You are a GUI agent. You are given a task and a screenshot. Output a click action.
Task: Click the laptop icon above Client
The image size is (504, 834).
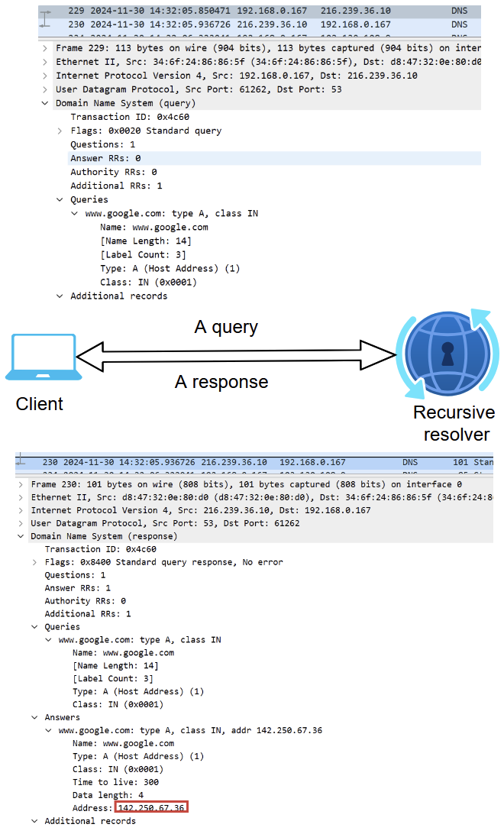pos(44,357)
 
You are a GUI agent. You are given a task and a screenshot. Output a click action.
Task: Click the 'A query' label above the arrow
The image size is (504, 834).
pos(226,328)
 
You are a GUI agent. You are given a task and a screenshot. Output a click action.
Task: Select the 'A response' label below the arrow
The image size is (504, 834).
pos(221,382)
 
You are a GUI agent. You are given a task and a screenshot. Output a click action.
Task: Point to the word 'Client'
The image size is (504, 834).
pos(40,404)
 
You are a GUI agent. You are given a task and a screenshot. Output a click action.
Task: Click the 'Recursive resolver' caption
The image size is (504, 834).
pos(454,424)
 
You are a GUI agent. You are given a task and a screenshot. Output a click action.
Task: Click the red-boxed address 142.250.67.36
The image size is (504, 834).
pos(151,807)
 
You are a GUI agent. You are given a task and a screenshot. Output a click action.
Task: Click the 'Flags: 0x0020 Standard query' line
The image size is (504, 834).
pos(145,131)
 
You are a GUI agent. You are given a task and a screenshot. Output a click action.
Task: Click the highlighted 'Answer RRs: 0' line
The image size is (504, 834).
pos(105,158)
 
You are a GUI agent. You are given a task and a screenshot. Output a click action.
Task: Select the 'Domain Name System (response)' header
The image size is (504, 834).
pos(104,536)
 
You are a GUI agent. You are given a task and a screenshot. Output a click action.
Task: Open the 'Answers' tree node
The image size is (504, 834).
pos(62,717)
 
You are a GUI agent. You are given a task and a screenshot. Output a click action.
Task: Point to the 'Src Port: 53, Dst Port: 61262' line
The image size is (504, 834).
pos(165,523)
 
